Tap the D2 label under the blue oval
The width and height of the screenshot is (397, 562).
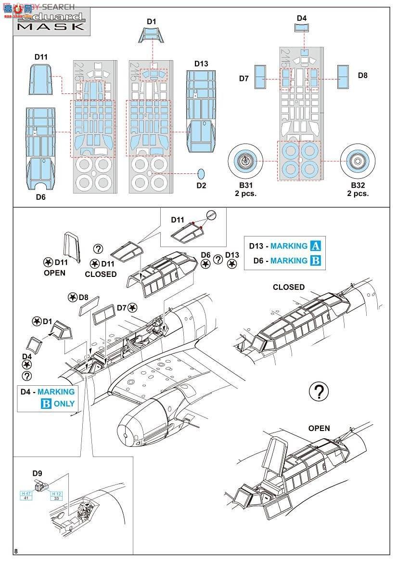pos(201,186)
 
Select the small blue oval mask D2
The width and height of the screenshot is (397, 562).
pos(201,173)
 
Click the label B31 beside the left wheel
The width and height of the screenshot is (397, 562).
pos(244,185)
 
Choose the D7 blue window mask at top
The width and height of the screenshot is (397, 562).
pos(259,77)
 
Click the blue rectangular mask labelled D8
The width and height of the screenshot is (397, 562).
pos(343,76)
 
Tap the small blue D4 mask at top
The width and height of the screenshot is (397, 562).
pos(301,28)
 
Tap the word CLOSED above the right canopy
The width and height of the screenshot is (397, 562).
pos(289,287)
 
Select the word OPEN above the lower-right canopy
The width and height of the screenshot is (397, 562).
pos(319,428)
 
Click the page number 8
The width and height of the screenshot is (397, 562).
pos(16,551)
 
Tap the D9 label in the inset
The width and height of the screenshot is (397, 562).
pos(37,473)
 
